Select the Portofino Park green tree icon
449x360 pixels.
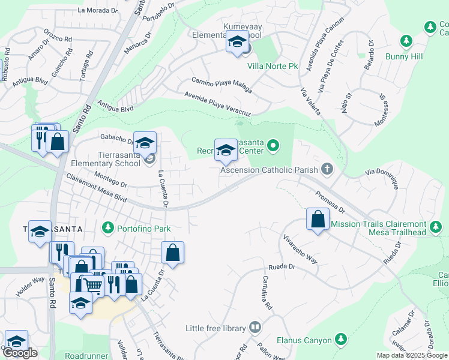pos(107,228)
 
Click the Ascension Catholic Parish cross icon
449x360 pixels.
pos(327,169)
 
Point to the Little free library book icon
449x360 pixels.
pos(255,328)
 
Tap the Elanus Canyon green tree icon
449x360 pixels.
pos(341,340)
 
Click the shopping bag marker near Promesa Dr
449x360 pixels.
pos(318,219)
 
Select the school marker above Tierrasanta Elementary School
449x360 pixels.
pos(145,143)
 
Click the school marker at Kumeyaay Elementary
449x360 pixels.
pos(237,43)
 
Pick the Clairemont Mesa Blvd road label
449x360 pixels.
pos(96,188)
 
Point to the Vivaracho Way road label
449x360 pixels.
pos(300,250)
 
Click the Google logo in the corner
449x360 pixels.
pos(20,353)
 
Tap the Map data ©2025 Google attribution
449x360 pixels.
pos(412,355)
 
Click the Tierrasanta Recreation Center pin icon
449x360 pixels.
pos(273,145)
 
